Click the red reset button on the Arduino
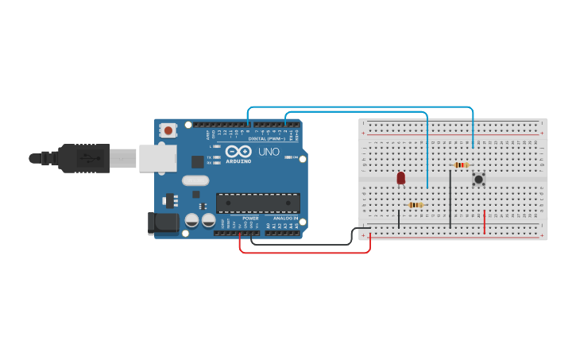168,130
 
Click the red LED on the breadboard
401,177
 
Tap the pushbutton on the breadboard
478,179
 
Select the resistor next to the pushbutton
461,165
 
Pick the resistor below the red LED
415,205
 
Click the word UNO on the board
269,152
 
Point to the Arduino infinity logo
238,151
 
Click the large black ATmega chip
258,203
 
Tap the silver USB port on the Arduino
157,157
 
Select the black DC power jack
164,223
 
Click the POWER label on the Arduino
250,218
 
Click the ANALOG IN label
286,218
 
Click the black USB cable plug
83,157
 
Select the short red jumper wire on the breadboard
485,223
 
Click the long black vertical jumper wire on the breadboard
450,199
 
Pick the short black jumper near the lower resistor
400,218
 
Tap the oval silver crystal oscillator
195,180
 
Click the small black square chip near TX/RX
197,161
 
